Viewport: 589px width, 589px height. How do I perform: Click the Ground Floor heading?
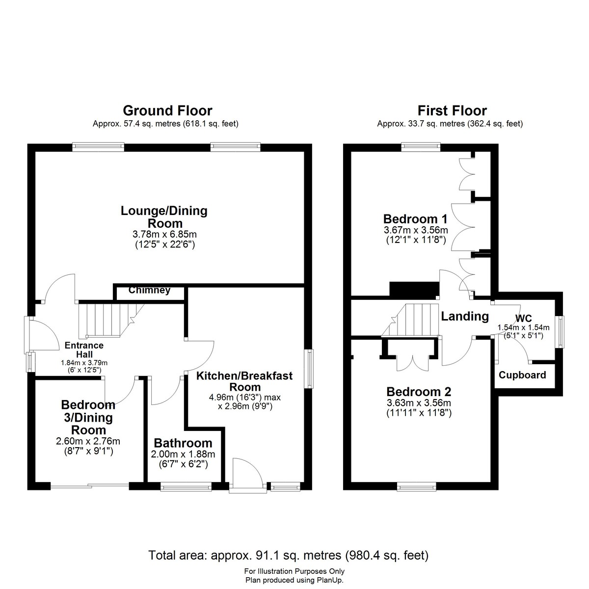tap(167, 110)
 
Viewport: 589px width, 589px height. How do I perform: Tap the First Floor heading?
tap(452, 110)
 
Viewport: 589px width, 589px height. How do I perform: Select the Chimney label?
tap(150, 290)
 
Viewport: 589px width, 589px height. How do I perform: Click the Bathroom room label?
tap(183, 443)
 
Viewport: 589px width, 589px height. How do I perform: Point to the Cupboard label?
tap(522, 375)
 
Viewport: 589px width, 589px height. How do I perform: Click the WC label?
tap(524, 318)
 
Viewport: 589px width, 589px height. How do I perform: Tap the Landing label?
tap(465, 317)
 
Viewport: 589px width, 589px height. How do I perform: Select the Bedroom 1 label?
tap(415, 219)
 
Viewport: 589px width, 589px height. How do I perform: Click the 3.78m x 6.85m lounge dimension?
tap(164, 235)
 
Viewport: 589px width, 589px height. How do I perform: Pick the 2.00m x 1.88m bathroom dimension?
tap(183, 454)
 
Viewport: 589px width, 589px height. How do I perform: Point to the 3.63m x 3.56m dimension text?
tap(419, 403)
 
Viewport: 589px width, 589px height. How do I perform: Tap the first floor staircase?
tap(410, 320)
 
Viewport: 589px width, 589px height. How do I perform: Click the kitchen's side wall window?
tap(310, 369)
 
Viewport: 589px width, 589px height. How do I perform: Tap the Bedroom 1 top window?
tap(421, 147)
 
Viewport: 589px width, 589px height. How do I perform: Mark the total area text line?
tap(288, 538)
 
